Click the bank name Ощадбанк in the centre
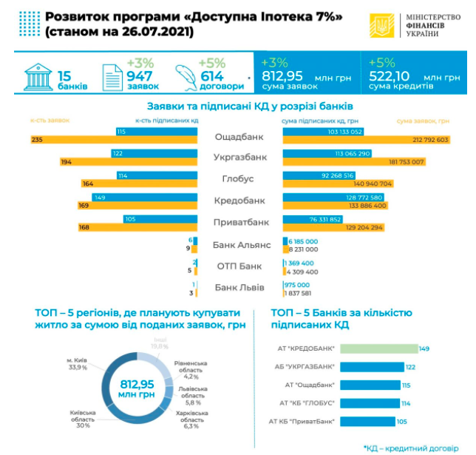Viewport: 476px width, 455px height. click(239, 136)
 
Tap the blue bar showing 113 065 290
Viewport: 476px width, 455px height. click(333, 153)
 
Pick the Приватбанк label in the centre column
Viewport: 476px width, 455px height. click(239, 222)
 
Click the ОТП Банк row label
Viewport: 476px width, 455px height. click(238, 266)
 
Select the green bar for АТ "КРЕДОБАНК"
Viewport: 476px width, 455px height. click(378, 348)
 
